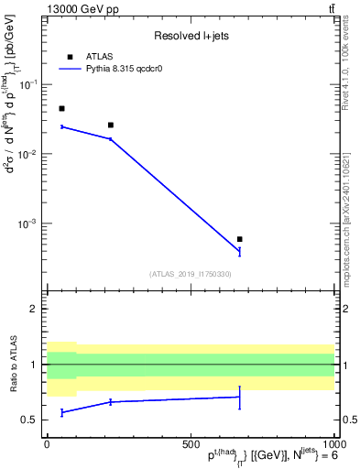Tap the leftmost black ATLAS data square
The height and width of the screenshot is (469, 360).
click(x=61, y=108)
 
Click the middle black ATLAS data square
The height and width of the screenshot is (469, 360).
click(x=111, y=125)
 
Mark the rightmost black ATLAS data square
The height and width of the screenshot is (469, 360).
click(x=239, y=239)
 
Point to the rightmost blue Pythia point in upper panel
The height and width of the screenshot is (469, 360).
click(x=239, y=250)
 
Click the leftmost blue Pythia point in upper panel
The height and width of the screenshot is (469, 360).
click(x=61, y=126)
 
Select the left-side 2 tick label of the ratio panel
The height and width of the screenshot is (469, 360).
click(x=36, y=309)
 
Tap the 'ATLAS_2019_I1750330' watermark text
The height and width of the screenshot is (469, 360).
click(x=191, y=274)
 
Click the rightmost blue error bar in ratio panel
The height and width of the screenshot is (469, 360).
click(x=239, y=397)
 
